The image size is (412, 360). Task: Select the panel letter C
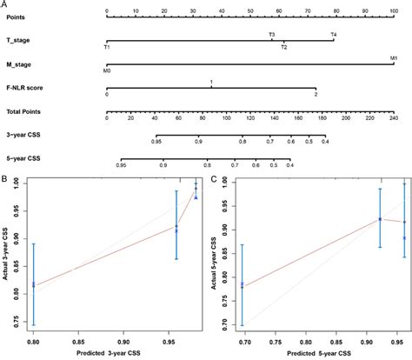[214, 180]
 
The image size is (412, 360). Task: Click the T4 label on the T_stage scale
[332, 35]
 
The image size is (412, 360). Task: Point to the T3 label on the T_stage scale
[272, 35]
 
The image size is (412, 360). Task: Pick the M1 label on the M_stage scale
[394, 58]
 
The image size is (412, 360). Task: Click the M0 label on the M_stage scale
[107, 70]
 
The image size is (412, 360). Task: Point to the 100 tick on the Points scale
[394, 20]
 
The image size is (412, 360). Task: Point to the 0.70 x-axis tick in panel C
[243, 341]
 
